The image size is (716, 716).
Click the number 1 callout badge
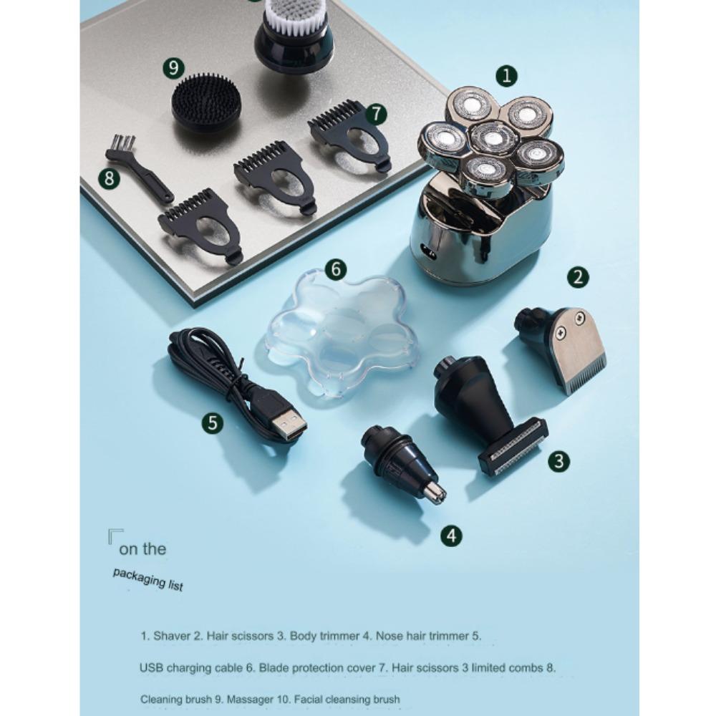(506, 76)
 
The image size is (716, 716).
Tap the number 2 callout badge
(578, 277)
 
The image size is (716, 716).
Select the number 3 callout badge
(559, 461)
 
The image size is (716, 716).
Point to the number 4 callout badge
(451, 535)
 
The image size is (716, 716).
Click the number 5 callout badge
(213, 423)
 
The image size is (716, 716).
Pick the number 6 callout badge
(336, 269)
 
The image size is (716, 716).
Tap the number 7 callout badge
(376, 114)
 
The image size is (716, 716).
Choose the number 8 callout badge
(109, 178)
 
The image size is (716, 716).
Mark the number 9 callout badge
(173, 68)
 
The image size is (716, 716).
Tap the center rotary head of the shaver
(492, 138)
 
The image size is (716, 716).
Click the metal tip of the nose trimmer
(435, 493)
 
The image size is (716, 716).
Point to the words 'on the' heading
(142, 549)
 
